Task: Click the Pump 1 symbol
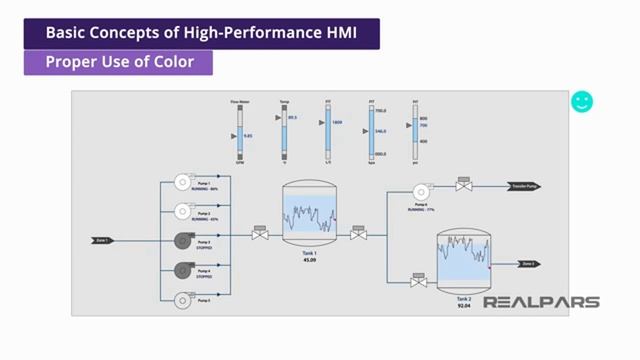(x=184, y=181)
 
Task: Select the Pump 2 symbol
(x=184, y=210)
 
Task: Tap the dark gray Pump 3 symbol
(x=184, y=240)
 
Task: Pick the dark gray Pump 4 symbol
(x=184, y=269)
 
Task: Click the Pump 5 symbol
(x=184, y=298)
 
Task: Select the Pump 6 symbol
(x=420, y=192)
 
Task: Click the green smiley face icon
(x=582, y=102)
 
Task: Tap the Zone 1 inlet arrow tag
(x=103, y=240)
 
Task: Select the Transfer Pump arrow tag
(x=524, y=186)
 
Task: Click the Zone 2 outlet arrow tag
(x=528, y=264)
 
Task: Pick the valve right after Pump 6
(x=463, y=185)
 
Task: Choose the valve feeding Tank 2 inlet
(x=419, y=282)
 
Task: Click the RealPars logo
(x=541, y=302)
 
